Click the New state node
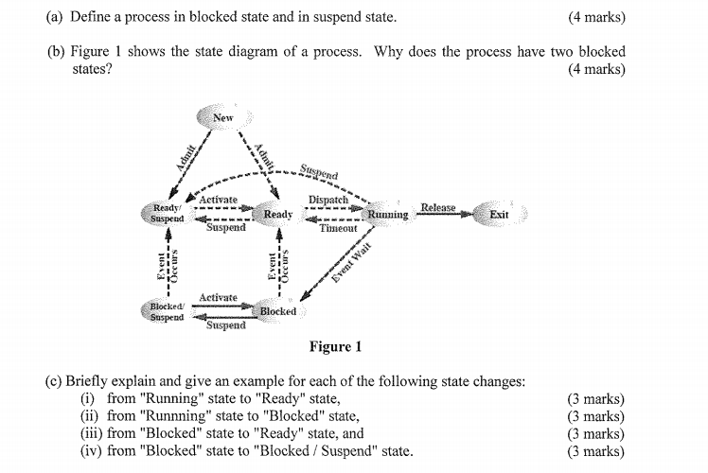[222, 117]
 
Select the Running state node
[388, 215]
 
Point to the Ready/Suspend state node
[167, 213]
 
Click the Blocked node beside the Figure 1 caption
[277, 311]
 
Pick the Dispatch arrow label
[328, 201]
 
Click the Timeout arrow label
[338, 228]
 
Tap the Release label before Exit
[437, 207]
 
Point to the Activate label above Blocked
[218, 298]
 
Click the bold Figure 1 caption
[335, 347]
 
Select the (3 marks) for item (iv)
[595, 450]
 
